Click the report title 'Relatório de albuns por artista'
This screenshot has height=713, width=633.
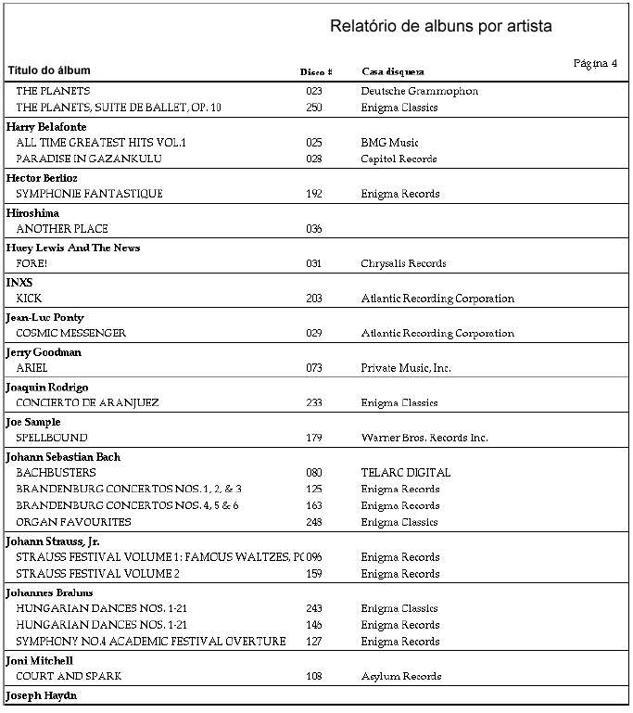pos(440,26)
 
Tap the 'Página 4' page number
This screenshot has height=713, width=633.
pos(595,63)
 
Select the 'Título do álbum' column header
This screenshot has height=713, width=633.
pos(49,70)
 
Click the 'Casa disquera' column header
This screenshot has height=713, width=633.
pos(393,71)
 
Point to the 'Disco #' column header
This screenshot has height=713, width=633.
pos(315,71)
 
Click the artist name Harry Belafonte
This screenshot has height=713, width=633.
pos(46,126)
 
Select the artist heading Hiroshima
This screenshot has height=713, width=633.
pos(32,212)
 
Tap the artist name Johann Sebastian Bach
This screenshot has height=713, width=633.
pos(63,457)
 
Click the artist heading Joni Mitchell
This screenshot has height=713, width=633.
pos(40,660)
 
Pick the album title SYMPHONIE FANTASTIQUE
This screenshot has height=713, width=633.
pos(89,194)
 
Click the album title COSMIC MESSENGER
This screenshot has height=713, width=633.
pos(70,333)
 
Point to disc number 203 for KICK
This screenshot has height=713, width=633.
pos(314,299)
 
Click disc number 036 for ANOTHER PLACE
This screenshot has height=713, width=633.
pos(314,229)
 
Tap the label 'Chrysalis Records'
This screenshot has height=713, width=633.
pos(403,263)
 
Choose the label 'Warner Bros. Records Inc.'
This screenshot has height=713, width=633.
pos(424,438)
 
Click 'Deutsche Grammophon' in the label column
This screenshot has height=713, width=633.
pos(419,91)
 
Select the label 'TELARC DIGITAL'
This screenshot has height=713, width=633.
pos(405,473)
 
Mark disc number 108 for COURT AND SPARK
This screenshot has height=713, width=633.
pos(314,677)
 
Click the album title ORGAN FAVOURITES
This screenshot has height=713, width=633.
pos(73,522)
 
